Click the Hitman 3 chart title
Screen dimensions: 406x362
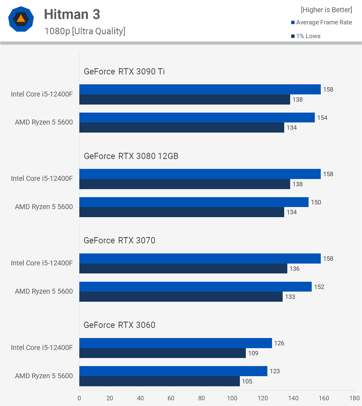pos(72,14)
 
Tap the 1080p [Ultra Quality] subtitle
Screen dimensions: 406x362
pos(85,31)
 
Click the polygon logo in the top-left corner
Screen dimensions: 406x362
pos(21,19)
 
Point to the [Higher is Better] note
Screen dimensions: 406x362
pos(326,10)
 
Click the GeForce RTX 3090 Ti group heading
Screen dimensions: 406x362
pos(124,72)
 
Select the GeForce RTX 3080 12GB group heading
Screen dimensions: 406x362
pos(131,156)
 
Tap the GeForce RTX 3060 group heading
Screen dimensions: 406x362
pos(119,325)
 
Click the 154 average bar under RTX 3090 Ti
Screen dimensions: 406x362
pos(197,118)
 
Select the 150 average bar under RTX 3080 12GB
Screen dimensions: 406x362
pos(194,202)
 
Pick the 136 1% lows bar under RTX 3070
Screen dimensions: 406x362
pos(183,269)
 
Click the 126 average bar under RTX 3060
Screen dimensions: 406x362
pos(176,343)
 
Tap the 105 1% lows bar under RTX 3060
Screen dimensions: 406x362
pos(159,381)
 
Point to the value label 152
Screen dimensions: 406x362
pos(319,287)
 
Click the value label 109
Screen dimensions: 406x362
pos(253,353)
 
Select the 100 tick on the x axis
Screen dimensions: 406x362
pos(232,398)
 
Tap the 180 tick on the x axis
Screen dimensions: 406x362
pos(354,398)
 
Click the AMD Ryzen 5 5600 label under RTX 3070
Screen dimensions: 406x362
pos(44,291)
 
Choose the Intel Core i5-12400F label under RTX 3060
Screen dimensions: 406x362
pos(42,348)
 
